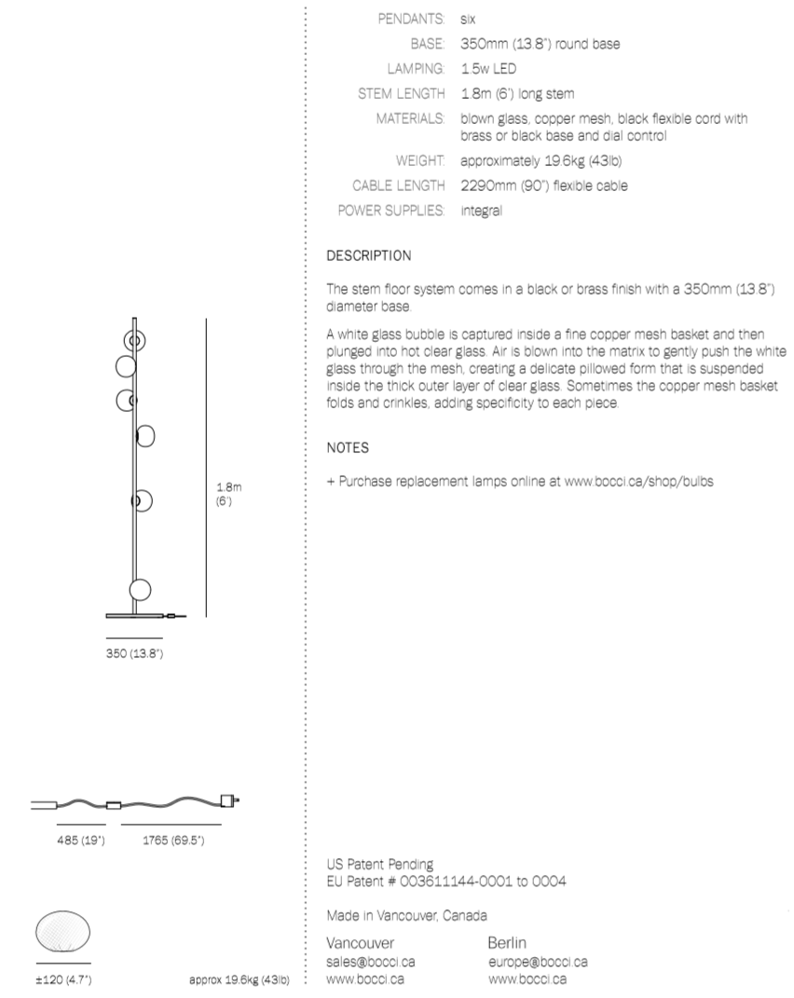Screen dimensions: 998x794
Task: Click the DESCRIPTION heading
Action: point(368,255)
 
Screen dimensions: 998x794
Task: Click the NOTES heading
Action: point(348,448)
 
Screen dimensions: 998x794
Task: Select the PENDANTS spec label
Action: point(411,19)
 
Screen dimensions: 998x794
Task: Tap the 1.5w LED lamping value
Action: point(488,68)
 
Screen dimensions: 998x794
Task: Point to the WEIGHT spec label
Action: point(419,161)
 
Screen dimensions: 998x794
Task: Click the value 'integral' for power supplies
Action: point(481,211)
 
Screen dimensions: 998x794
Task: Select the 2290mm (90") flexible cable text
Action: point(543,185)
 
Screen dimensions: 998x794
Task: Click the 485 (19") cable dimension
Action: point(81,841)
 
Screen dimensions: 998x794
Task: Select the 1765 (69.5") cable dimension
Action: point(172,841)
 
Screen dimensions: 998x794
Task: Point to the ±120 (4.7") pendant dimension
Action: point(63,979)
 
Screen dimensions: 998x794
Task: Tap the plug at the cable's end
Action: point(228,800)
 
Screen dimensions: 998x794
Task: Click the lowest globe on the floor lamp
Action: point(140,590)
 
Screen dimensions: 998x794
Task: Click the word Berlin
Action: point(508,943)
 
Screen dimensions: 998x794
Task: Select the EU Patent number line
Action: point(446,882)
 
